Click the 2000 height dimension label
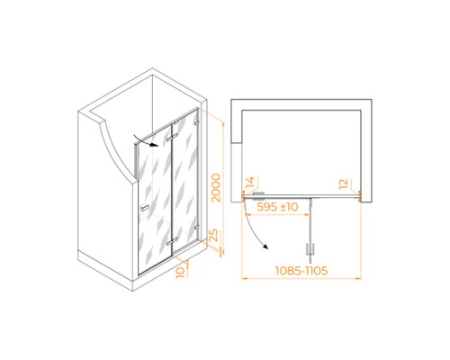[x=216, y=188]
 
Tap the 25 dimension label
[x=213, y=236]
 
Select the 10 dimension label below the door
[x=180, y=273]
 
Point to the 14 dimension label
[x=249, y=183]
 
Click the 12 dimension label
[x=343, y=184]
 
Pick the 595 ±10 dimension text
[x=277, y=207]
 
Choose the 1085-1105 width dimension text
[x=301, y=271]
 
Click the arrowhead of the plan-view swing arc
[x=265, y=247]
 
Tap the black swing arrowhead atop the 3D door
[x=155, y=145]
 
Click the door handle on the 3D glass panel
[x=145, y=208]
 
